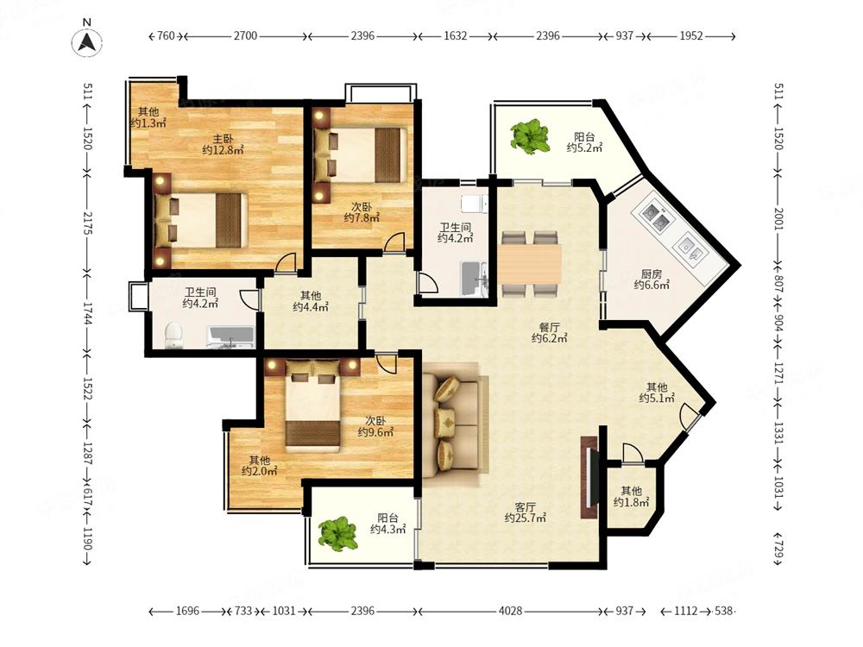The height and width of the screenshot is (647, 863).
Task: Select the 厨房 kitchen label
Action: pos(652,273)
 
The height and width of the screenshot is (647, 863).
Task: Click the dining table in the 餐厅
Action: pos(531,264)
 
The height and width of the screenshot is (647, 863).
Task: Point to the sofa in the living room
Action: pos(456,423)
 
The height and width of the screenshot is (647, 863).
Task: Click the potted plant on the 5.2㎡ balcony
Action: pos(530,136)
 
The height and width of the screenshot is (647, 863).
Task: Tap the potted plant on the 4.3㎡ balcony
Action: pos(338,533)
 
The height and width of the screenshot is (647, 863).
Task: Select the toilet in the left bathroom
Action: pos(173,335)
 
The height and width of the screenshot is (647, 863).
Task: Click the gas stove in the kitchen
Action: pos(654,216)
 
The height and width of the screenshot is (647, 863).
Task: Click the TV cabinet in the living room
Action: pos(589,477)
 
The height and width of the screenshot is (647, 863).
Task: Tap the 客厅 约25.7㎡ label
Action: pos(526,512)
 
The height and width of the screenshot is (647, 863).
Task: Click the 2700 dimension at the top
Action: pos(245,35)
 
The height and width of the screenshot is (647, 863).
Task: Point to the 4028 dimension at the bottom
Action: pos(510,611)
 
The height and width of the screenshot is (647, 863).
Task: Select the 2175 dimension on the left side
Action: pos(87,223)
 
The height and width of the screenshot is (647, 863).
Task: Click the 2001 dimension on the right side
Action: pos(778,219)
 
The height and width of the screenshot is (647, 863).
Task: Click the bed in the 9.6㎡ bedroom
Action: pos(312,405)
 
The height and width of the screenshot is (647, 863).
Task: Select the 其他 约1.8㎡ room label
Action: pos(632,496)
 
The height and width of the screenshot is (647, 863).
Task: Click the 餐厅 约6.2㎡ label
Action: pos(549,333)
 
